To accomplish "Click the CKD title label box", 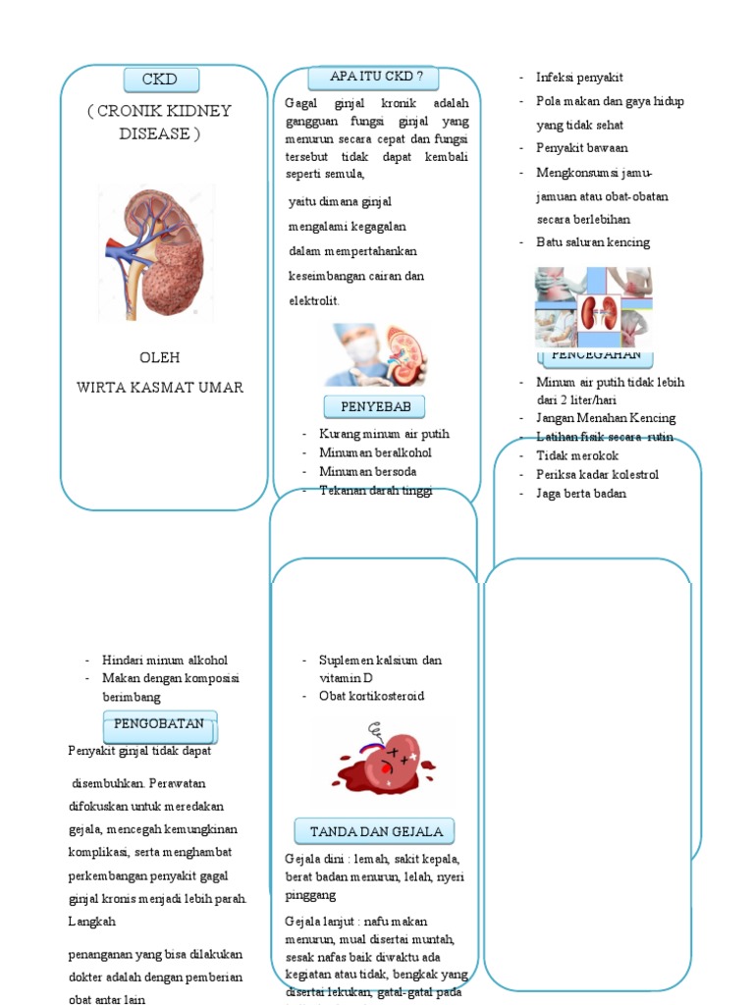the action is pos(162,79).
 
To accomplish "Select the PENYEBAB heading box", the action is pos(368,406).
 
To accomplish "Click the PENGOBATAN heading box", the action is pos(160,724).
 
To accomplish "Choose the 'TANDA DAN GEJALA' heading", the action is pos(376,831).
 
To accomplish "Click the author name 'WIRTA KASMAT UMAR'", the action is pos(160,387).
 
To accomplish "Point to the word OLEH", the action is pos(159,357).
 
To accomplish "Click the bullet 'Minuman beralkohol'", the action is pos(375,452).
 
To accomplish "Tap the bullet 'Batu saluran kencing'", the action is pos(593,241).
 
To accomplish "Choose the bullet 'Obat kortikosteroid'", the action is pos(371,696).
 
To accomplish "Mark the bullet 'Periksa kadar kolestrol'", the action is pos(597,474).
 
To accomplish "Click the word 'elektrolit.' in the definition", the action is pos(314,300).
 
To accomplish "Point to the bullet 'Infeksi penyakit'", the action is pos(579,78).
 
